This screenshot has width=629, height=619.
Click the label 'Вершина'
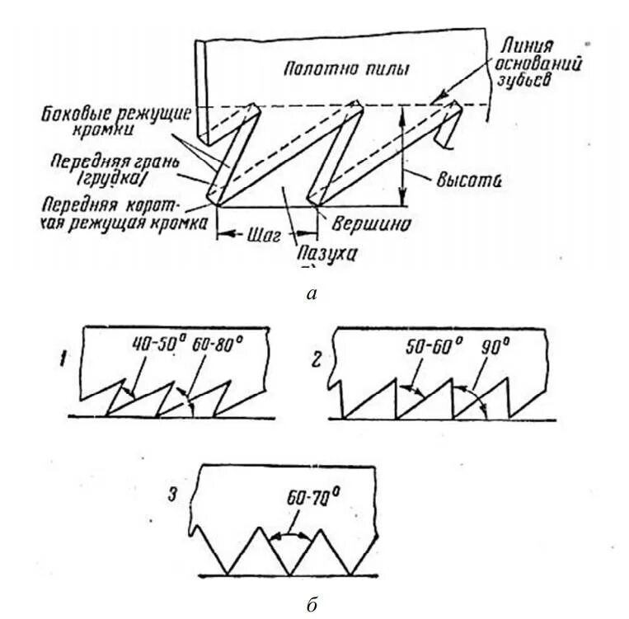371,223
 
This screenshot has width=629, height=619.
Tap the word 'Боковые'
77,112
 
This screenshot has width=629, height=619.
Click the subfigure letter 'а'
311,293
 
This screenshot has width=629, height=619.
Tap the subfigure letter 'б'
311,606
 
